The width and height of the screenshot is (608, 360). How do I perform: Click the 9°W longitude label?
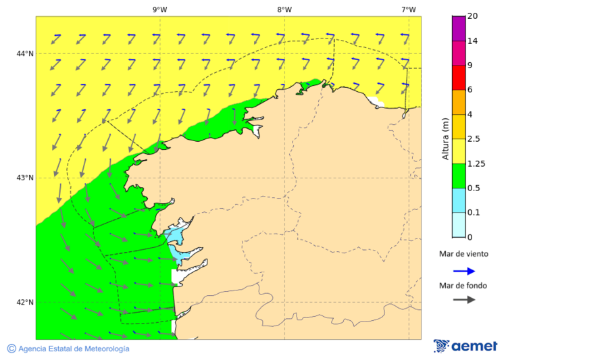(x=159, y=9)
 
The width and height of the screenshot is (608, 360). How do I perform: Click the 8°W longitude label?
(x=284, y=9)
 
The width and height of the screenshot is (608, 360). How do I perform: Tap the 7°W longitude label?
(x=408, y=9)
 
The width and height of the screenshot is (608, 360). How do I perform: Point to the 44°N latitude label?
(x=26, y=53)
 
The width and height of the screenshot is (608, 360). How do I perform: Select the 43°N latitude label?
(x=26, y=178)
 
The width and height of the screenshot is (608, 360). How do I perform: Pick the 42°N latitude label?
(x=26, y=302)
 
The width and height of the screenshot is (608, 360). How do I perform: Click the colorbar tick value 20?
(x=472, y=16)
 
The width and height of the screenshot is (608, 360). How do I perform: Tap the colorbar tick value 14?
(x=472, y=41)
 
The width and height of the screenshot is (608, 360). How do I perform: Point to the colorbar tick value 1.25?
(x=476, y=163)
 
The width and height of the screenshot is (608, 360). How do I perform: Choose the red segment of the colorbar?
(x=458, y=78)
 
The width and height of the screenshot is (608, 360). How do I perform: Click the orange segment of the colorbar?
(x=458, y=102)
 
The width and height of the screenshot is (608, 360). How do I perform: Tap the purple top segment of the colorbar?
(x=458, y=28)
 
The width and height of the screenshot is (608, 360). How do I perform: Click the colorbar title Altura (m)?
(x=445, y=138)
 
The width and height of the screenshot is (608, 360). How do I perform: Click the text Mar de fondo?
(x=463, y=286)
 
